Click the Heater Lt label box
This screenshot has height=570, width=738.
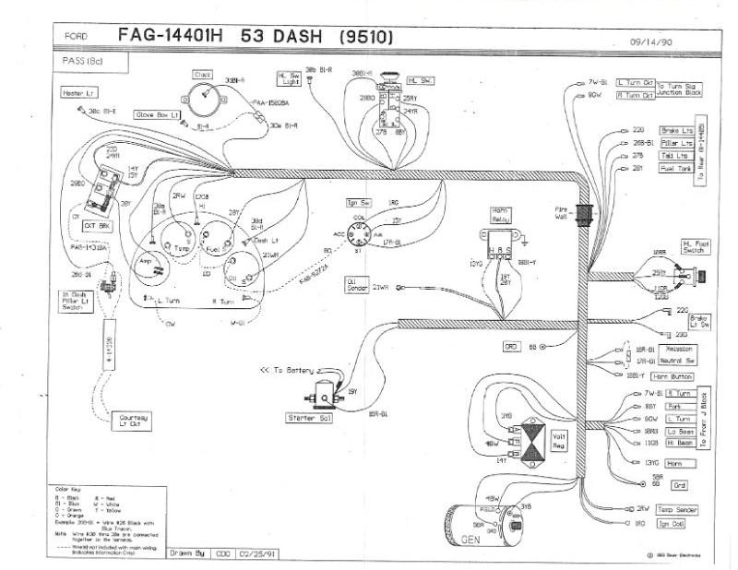77,93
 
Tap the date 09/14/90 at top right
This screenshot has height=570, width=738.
650,42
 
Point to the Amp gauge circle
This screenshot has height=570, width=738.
147,261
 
